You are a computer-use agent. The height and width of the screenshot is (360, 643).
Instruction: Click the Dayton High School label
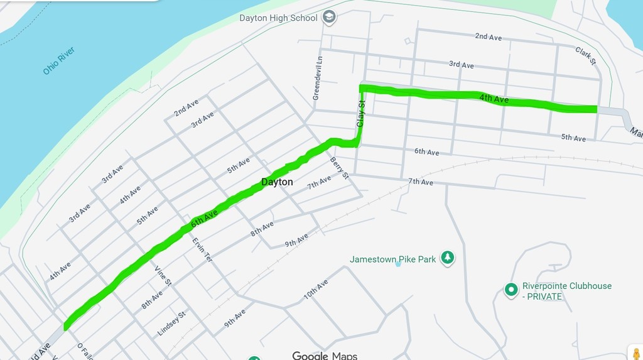tap(278, 18)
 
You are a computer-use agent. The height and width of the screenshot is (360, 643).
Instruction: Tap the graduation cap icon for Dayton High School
tap(328, 18)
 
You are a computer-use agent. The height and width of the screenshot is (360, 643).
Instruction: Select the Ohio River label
tap(59, 61)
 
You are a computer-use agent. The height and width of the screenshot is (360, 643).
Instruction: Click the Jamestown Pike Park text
tap(392, 259)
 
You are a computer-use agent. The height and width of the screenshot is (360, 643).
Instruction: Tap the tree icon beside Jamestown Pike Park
tap(447, 258)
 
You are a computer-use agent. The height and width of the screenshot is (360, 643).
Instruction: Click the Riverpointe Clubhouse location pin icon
tap(511, 290)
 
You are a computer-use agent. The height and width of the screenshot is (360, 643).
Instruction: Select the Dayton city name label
tap(277, 182)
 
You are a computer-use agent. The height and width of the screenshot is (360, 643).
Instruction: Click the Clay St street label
tap(361, 114)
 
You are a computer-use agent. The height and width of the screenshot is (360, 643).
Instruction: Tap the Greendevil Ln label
tap(318, 79)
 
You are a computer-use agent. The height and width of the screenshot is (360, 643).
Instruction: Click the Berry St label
tap(339, 168)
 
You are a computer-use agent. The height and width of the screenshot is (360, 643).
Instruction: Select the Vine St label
tap(163, 276)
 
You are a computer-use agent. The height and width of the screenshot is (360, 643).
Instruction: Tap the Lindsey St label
tap(171, 324)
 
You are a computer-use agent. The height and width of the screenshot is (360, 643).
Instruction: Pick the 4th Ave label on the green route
tap(494, 99)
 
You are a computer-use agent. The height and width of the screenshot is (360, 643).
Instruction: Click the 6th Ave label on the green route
tap(204, 219)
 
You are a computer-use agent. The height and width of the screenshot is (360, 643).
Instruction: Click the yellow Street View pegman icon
tap(636, 353)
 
